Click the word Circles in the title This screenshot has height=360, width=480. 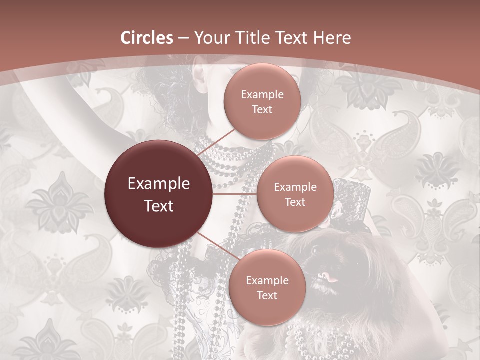(x=147, y=38)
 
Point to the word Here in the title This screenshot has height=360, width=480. (x=330, y=38)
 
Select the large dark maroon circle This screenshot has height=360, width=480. (x=159, y=194)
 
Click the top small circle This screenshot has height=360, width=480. (x=262, y=102)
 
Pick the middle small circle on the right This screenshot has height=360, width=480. (x=295, y=194)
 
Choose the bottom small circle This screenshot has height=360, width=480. (x=267, y=287)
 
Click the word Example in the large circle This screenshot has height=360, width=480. (x=159, y=184)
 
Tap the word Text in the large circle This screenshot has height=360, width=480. (x=159, y=205)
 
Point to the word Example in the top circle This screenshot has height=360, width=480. (x=262, y=95)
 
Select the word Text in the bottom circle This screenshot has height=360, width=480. (x=267, y=295)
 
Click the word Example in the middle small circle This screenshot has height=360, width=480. (x=295, y=187)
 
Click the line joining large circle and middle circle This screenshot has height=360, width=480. (x=235, y=194)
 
